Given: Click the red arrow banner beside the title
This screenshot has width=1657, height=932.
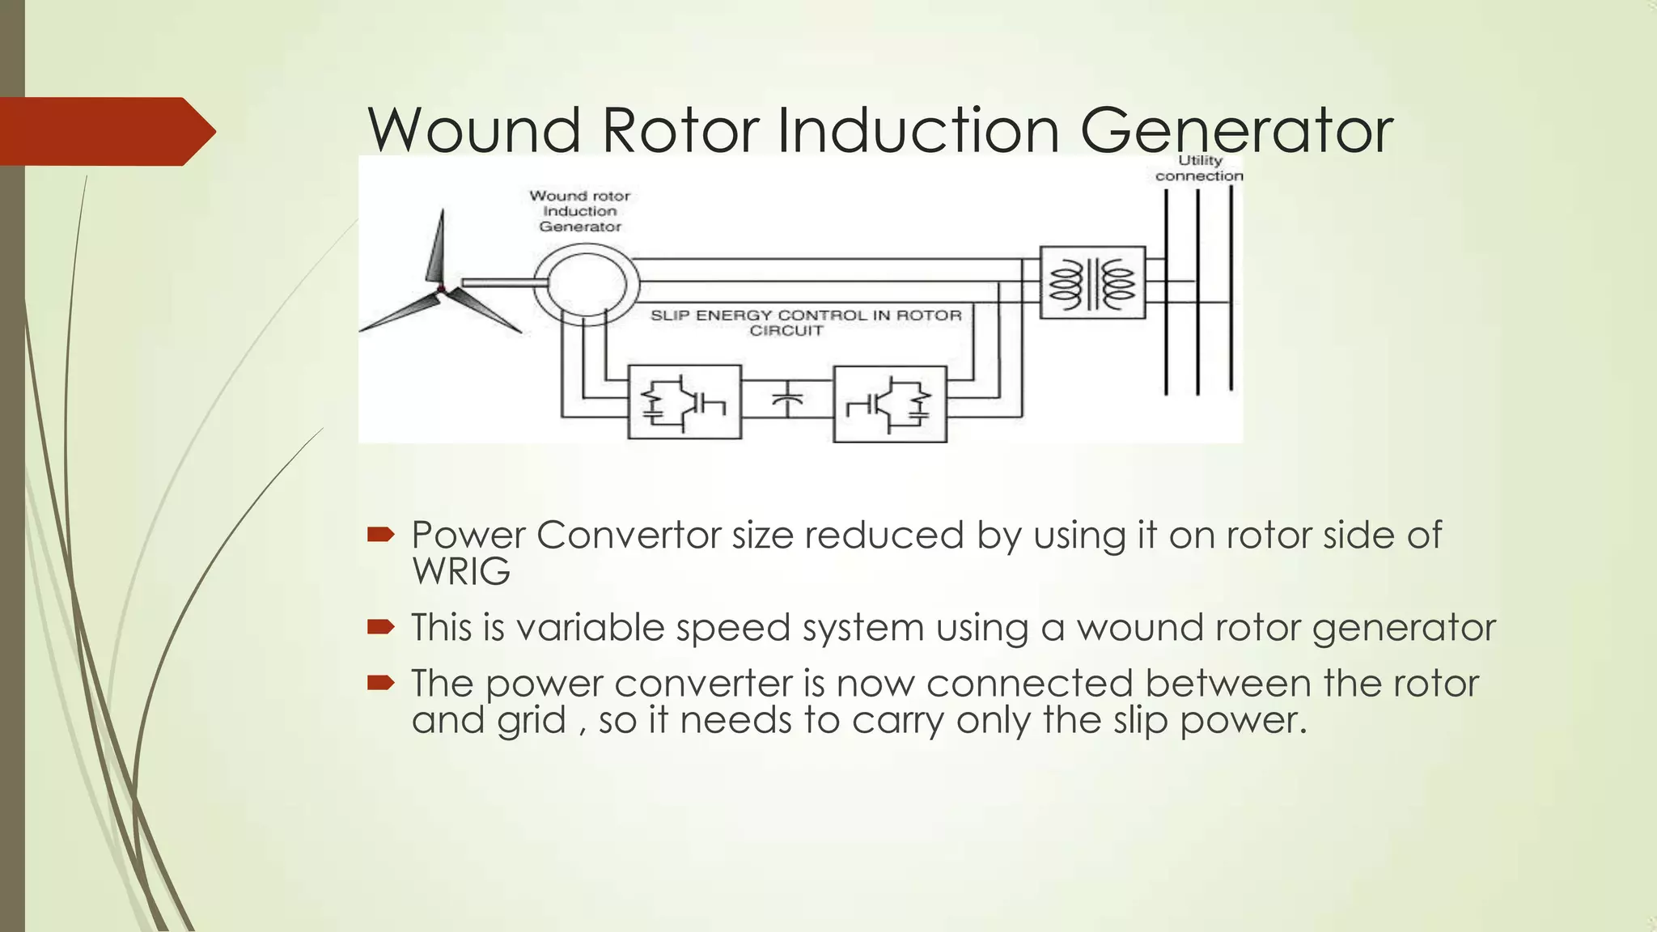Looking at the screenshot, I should (105, 131).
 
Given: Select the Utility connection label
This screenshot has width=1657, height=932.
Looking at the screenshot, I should (1199, 168).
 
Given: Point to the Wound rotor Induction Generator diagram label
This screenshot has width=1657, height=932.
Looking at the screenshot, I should (579, 211).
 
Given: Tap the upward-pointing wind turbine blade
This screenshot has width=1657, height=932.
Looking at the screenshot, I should (437, 247).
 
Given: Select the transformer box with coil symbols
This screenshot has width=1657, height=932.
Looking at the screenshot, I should (1092, 282).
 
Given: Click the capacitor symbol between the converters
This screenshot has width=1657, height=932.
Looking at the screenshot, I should (786, 400).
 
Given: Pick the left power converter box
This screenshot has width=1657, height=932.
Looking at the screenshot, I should (684, 402).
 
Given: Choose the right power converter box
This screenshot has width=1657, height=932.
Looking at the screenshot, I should (890, 404).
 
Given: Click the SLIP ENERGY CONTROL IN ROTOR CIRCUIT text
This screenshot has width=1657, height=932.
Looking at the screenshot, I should (805, 322).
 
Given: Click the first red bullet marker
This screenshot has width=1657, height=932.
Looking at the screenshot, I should (380, 534).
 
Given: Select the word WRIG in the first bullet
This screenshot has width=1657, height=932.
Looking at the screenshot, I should (461, 572).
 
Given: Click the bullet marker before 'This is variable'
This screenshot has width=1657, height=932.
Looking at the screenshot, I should (380, 627).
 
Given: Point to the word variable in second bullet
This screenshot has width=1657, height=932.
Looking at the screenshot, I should (590, 628).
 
